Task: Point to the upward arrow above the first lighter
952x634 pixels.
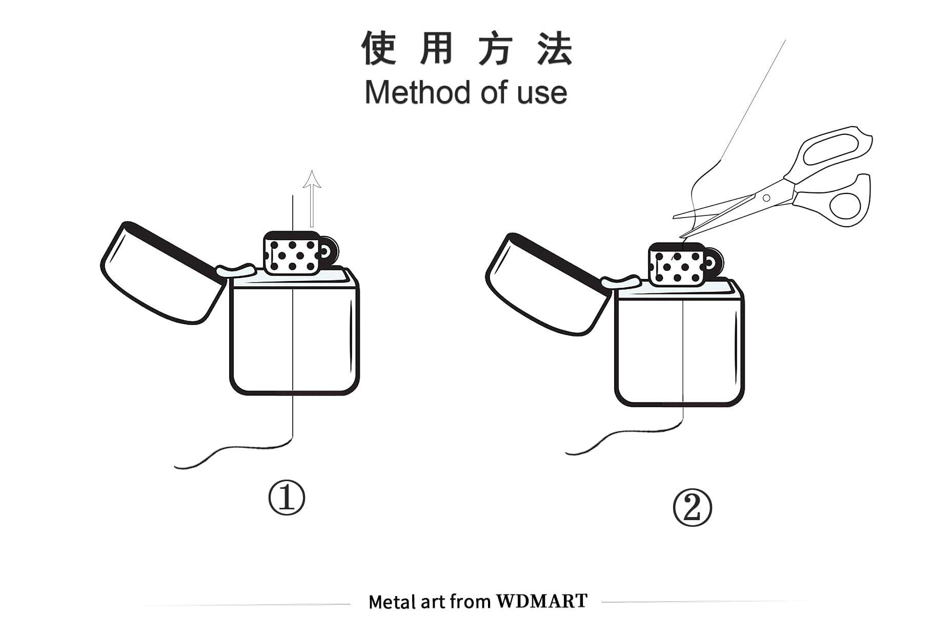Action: tap(312, 199)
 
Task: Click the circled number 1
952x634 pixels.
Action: tap(287, 498)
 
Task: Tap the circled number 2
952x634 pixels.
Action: tap(693, 508)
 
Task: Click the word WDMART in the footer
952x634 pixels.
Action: tap(542, 601)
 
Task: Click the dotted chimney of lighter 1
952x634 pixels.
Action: tap(291, 253)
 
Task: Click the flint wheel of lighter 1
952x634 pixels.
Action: tap(329, 252)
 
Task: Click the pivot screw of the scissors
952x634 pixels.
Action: tap(766, 198)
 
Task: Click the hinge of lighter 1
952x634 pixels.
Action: tap(236, 270)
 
